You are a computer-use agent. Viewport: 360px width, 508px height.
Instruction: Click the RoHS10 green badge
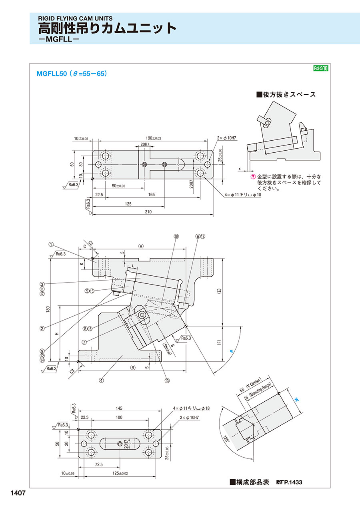(320, 68)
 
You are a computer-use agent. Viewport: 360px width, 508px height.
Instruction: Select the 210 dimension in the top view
(148, 212)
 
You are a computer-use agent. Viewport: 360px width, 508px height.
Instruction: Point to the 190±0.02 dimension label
(153, 138)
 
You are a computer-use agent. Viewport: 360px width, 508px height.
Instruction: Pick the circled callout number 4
(102, 381)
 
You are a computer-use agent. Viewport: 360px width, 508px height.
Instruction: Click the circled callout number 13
(167, 381)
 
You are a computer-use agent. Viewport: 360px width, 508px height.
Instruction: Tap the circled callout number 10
(176, 237)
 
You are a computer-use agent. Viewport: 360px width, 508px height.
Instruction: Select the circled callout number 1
(51, 244)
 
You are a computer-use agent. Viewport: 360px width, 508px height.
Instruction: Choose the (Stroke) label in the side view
(167, 348)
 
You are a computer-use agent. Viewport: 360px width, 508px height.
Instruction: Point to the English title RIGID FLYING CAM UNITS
(75, 18)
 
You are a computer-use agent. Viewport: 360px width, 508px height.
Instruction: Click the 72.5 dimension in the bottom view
(99, 465)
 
